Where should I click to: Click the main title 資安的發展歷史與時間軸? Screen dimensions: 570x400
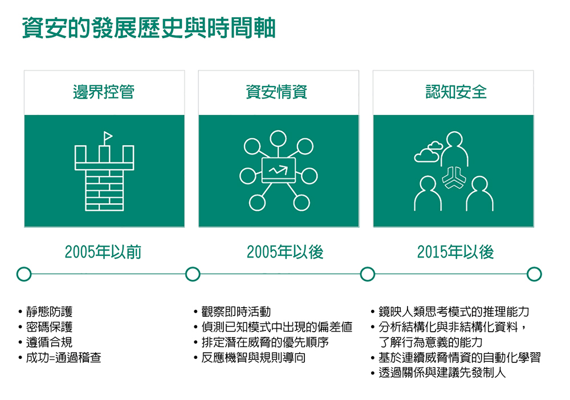[149, 28]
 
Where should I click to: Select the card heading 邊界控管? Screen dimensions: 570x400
[104, 92]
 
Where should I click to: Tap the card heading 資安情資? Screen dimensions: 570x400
[276, 92]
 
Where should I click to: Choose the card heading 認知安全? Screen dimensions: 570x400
[456, 92]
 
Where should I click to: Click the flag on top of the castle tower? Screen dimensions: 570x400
[108, 137]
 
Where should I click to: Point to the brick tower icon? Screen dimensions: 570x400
[104, 171]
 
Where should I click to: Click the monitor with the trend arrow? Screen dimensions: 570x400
[279, 170]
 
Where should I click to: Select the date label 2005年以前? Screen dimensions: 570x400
[103, 252]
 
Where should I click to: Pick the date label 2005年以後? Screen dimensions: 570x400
[285, 252]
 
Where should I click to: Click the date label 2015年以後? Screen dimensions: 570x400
[455, 252]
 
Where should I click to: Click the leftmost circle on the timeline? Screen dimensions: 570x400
[24, 274]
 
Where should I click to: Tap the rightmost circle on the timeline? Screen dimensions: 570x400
[534, 274]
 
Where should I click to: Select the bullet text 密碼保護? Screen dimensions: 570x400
[50, 327]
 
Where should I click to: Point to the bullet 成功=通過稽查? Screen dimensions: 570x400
[63, 357]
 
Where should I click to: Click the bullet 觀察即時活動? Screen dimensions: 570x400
[236, 312]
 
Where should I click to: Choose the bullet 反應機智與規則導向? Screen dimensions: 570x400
[254, 357]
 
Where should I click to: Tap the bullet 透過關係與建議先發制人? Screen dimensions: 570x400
[442, 373]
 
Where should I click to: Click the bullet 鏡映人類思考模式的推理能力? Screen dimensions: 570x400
[454, 312]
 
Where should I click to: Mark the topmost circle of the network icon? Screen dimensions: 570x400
[279, 138]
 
